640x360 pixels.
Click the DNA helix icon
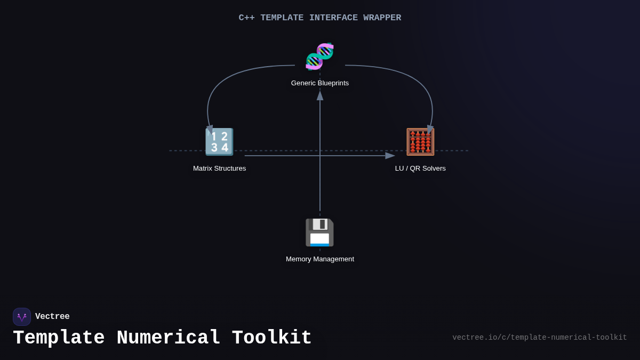click(319, 57)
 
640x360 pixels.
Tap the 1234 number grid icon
click(219, 142)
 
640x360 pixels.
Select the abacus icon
click(420, 142)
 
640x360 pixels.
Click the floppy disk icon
click(319, 233)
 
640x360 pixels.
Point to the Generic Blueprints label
click(320, 83)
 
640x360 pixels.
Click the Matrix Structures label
click(219, 169)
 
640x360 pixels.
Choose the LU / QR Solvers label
click(420, 169)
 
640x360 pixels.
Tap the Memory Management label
click(320, 259)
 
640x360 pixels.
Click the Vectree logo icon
click(22, 317)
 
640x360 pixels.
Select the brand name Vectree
click(52, 317)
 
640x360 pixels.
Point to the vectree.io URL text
click(539, 338)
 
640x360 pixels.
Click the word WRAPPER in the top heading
click(382, 18)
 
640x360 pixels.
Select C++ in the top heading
click(246, 18)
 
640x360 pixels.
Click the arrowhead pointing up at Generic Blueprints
click(320, 95)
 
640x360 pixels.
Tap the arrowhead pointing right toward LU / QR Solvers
click(390, 156)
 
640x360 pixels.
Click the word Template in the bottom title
click(59, 338)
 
